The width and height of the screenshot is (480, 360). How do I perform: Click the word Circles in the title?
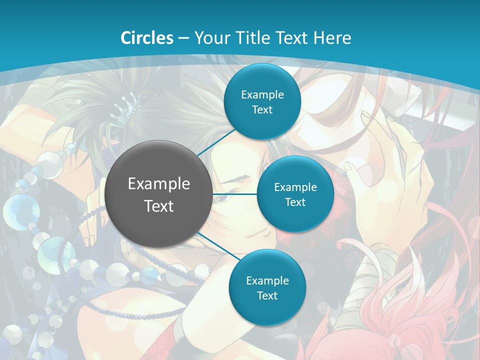point(147,38)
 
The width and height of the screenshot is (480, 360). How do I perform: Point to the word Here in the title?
point(332,38)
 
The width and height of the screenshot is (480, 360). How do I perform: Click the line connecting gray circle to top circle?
point(216,142)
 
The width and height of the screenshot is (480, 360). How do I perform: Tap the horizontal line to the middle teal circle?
point(235,194)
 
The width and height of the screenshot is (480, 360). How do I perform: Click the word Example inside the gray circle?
point(159,184)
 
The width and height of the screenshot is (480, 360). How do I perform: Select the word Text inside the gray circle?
point(159,206)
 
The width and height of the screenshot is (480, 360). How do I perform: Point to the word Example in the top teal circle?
point(262,95)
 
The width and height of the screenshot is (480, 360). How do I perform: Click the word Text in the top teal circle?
point(262,110)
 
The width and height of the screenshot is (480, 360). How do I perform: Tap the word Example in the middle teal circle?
point(295,187)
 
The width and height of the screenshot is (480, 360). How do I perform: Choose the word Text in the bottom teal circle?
point(267,296)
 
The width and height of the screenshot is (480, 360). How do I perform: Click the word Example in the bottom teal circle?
point(267,281)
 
